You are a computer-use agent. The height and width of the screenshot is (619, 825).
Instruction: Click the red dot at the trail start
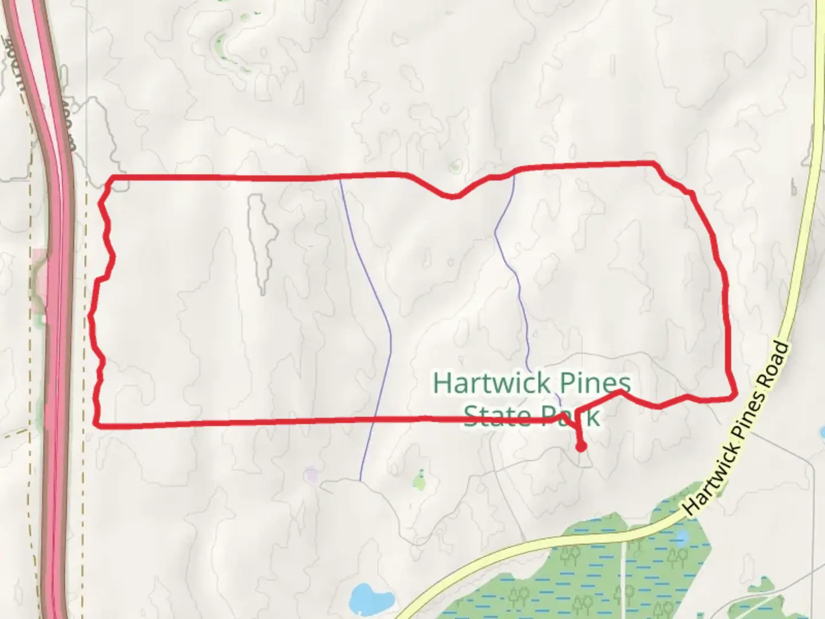point(581,446)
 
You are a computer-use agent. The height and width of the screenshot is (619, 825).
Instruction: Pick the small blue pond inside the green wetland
point(682,538)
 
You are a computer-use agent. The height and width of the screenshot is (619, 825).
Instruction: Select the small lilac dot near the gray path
point(311,473)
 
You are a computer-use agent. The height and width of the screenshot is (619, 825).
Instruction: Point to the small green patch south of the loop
point(421,481)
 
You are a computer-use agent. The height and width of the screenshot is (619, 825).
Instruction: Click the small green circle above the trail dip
point(455,167)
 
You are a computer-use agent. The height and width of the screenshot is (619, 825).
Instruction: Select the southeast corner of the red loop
point(733,395)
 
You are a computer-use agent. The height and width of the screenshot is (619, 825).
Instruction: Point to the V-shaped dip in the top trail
point(453,197)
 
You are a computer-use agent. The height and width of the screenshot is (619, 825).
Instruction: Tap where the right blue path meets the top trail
point(514,174)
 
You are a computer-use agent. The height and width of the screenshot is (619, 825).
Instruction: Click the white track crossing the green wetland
point(623,567)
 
